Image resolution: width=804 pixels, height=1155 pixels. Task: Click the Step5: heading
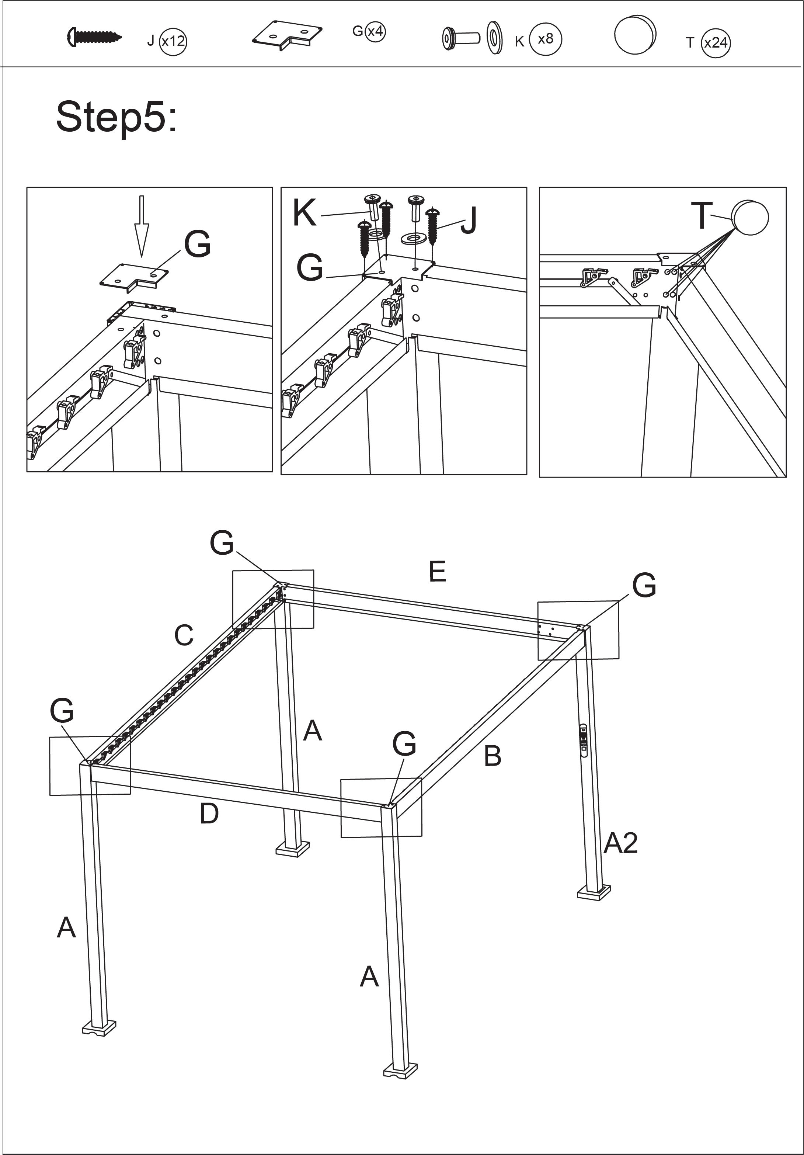pyautogui.click(x=116, y=117)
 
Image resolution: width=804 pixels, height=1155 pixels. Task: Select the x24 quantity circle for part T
pyautogui.click(x=716, y=43)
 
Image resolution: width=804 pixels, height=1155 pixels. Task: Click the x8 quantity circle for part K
pyautogui.click(x=546, y=39)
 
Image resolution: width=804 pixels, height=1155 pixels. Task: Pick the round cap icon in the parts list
pyautogui.click(x=635, y=34)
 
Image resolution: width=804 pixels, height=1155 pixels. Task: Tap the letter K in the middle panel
pyautogui.click(x=305, y=213)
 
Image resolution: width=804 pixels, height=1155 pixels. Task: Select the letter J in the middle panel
pyautogui.click(x=469, y=221)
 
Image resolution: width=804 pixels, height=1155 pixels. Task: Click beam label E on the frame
pyautogui.click(x=438, y=572)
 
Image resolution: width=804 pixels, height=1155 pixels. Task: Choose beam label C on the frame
pyautogui.click(x=184, y=635)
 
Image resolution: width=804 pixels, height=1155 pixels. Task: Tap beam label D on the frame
pyautogui.click(x=209, y=814)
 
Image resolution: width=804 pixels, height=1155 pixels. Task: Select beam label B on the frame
pyautogui.click(x=493, y=756)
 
